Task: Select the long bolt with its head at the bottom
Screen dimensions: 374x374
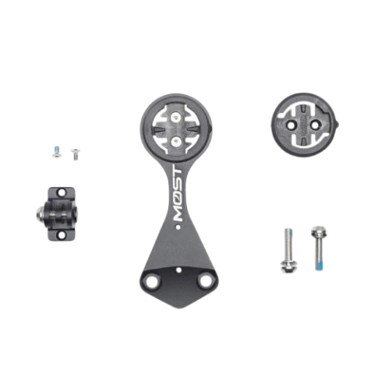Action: click(x=286, y=249)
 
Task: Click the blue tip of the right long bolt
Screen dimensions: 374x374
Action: click(x=319, y=266)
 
